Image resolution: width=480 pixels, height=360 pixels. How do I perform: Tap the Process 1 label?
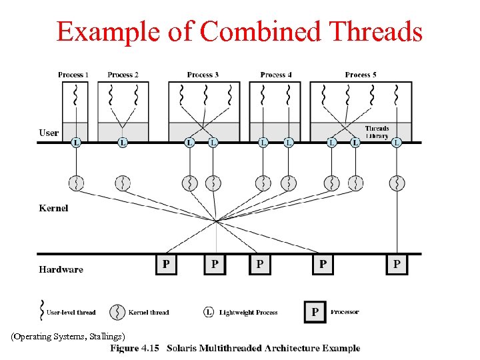coord(73,75)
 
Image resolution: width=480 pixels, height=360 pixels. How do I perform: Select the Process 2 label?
coord(123,75)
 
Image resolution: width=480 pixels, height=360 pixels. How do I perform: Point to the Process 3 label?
coord(203,75)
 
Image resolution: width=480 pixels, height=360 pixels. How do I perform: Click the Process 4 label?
coord(276,75)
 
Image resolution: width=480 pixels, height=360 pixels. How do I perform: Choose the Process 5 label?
coord(361,75)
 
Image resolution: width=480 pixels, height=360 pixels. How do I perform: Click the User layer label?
coord(49,133)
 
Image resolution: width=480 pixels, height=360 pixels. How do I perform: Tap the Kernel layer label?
coord(53,208)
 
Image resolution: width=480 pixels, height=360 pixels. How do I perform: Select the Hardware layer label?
coord(61,269)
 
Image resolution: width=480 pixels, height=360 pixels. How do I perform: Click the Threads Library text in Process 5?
coord(377,132)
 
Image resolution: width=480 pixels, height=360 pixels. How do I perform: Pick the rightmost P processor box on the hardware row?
coord(397,265)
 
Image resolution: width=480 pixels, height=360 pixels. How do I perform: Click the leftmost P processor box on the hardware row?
coord(166,265)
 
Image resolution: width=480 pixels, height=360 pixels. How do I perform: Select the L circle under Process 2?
coord(123,142)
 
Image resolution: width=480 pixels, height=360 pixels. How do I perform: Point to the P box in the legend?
coord(315,312)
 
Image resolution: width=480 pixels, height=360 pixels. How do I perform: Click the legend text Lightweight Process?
coord(248,312)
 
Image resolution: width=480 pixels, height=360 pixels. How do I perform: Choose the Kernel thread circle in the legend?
coord(118,312)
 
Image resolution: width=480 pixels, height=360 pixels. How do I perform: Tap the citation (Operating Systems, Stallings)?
coord(67,336)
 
